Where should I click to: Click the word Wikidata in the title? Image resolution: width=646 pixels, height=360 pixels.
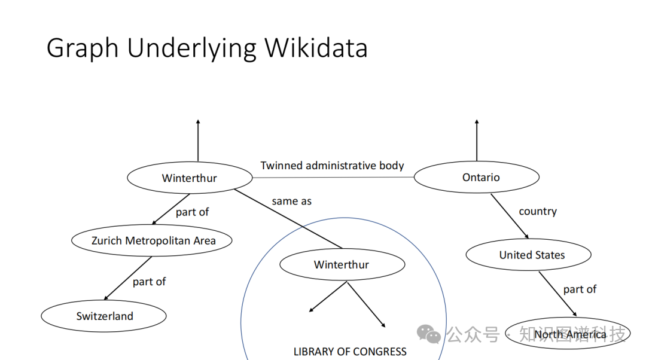316,48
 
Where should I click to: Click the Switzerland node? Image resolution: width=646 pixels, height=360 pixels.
104,316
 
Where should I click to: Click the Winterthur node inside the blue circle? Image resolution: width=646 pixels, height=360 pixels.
342,265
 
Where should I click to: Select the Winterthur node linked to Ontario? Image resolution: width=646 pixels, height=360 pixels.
189,178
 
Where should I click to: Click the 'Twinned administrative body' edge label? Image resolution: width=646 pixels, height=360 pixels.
333,166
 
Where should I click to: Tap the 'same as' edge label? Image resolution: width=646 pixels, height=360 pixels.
291,202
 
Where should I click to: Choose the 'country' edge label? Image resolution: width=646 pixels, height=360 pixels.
538,211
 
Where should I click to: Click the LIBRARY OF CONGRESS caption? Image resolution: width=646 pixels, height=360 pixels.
350,352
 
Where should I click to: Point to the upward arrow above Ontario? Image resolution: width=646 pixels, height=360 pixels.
477,141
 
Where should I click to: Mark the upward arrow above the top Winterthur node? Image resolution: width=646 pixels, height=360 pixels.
198,141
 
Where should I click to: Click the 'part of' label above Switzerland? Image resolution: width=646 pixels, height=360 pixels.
149,282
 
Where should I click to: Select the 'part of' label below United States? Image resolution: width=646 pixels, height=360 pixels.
580,289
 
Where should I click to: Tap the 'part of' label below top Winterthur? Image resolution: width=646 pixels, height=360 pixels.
192,212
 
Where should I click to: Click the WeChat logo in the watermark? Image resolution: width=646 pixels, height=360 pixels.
428,334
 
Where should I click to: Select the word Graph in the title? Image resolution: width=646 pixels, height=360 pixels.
82,48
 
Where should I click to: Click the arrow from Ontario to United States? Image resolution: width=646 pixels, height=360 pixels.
510,215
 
